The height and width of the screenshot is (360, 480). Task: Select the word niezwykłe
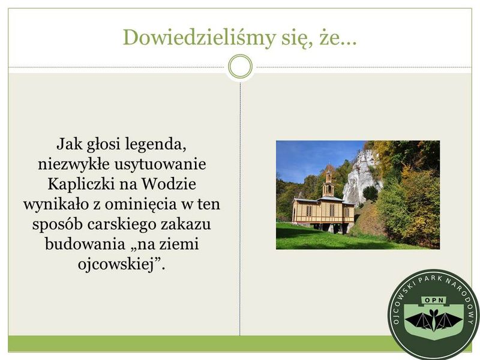pyautogui.click(x=73, y=164)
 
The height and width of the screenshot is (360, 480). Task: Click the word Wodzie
pyautogui.click(x=169, y=184)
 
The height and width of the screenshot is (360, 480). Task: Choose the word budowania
pyautogui.click(x=85, y=244)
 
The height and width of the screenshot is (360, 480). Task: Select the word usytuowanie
pyautogui.click(x=160, y=164)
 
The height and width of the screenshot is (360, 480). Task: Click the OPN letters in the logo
pyautogui.click(x=434, y=300)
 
